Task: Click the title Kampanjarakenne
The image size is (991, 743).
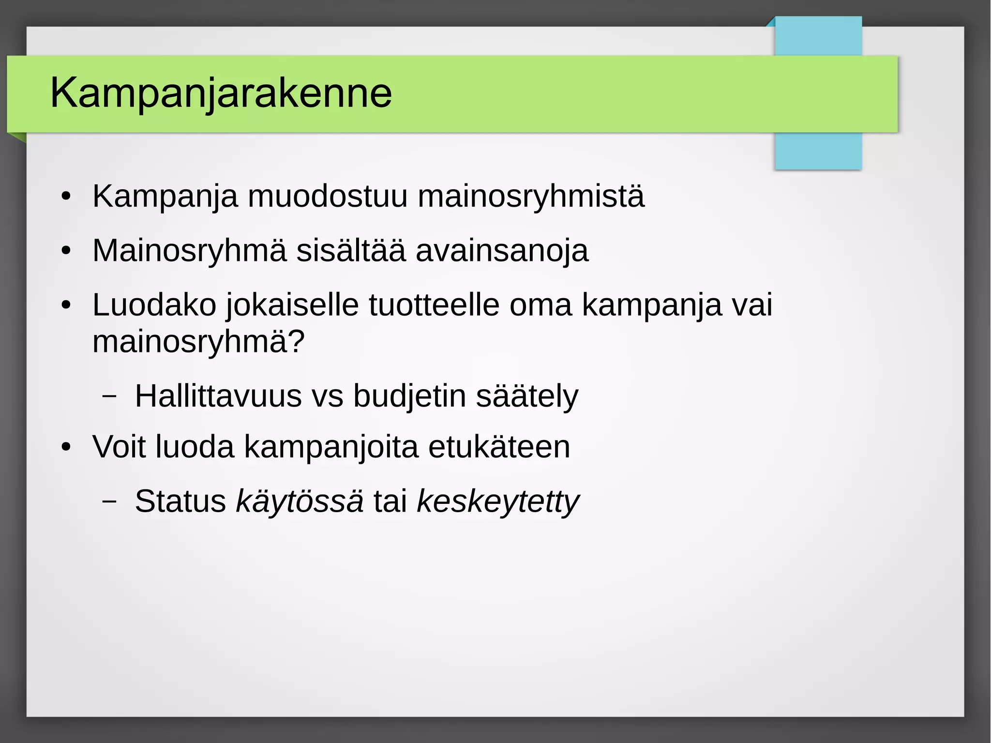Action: pyautogui.click(x=221, y=93)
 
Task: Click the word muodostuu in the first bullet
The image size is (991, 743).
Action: pyautogui.click(x=328, y=197)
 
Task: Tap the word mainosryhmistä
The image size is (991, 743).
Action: pyautogui.click(x=531, y=197)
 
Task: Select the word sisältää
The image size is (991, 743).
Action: pyautogui.click(x=351, y=251)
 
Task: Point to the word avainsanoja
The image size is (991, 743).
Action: pyautogui.click(x=502, y=251)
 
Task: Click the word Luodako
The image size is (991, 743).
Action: pyautogui.click(x=154, y=305)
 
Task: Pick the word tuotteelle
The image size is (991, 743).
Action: pyautogui.click(x=434, y=305)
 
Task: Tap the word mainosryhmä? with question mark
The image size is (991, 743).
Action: pyautogui.click(x=198, y=342)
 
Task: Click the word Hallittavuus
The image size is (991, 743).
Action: pyautogui.click(x=218, y=396)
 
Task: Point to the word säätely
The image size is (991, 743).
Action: pyautogui.click(x=527, y=396)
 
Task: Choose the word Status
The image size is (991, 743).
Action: pyautogui.click(x=180, y=501)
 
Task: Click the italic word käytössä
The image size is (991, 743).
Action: pyautogui.click(x=300, y=501)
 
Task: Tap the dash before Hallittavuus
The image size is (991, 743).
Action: pyautogui.click(x=110, y=395)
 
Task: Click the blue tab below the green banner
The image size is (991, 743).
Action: pyautogui.click(x=818, y=151)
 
